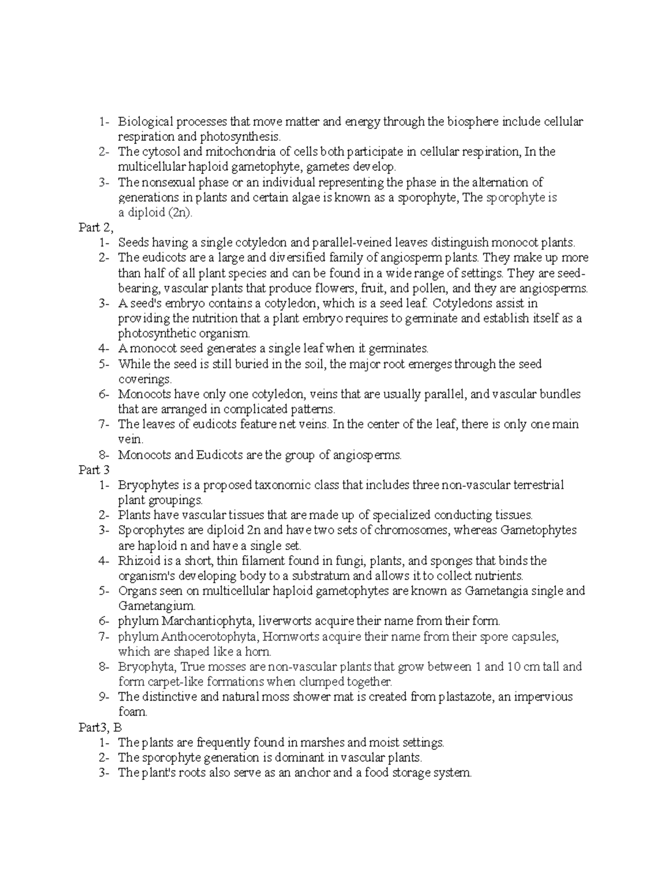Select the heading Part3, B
coord(100,727)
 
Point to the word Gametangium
coord(156,606)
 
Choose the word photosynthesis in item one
coord(240,137)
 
